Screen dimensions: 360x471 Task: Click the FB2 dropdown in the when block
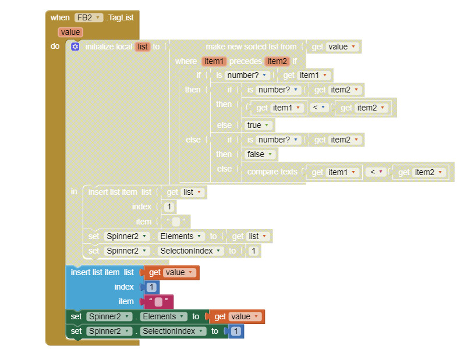point(88,18)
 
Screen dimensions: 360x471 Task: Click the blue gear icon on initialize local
point(75,47)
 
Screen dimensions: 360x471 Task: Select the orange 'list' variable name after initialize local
point(143,47)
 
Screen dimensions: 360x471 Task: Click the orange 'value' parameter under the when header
point(70,33)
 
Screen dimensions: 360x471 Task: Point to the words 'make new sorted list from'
point(251,47)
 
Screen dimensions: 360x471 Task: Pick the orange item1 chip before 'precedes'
point(214,61)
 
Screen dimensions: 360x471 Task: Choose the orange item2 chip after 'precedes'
point(277,61)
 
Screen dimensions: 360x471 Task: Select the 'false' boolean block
point(260,154)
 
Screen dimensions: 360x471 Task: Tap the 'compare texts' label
point(272,172)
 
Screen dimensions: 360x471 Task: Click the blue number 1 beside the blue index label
point(151,287)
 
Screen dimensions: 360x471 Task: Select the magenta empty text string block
point(158,302)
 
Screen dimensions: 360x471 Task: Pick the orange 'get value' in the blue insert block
point(172,272)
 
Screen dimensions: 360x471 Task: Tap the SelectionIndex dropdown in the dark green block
point(173,331)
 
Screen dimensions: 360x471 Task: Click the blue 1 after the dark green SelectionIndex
point(235,331)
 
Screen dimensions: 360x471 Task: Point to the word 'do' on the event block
point(55,46)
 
